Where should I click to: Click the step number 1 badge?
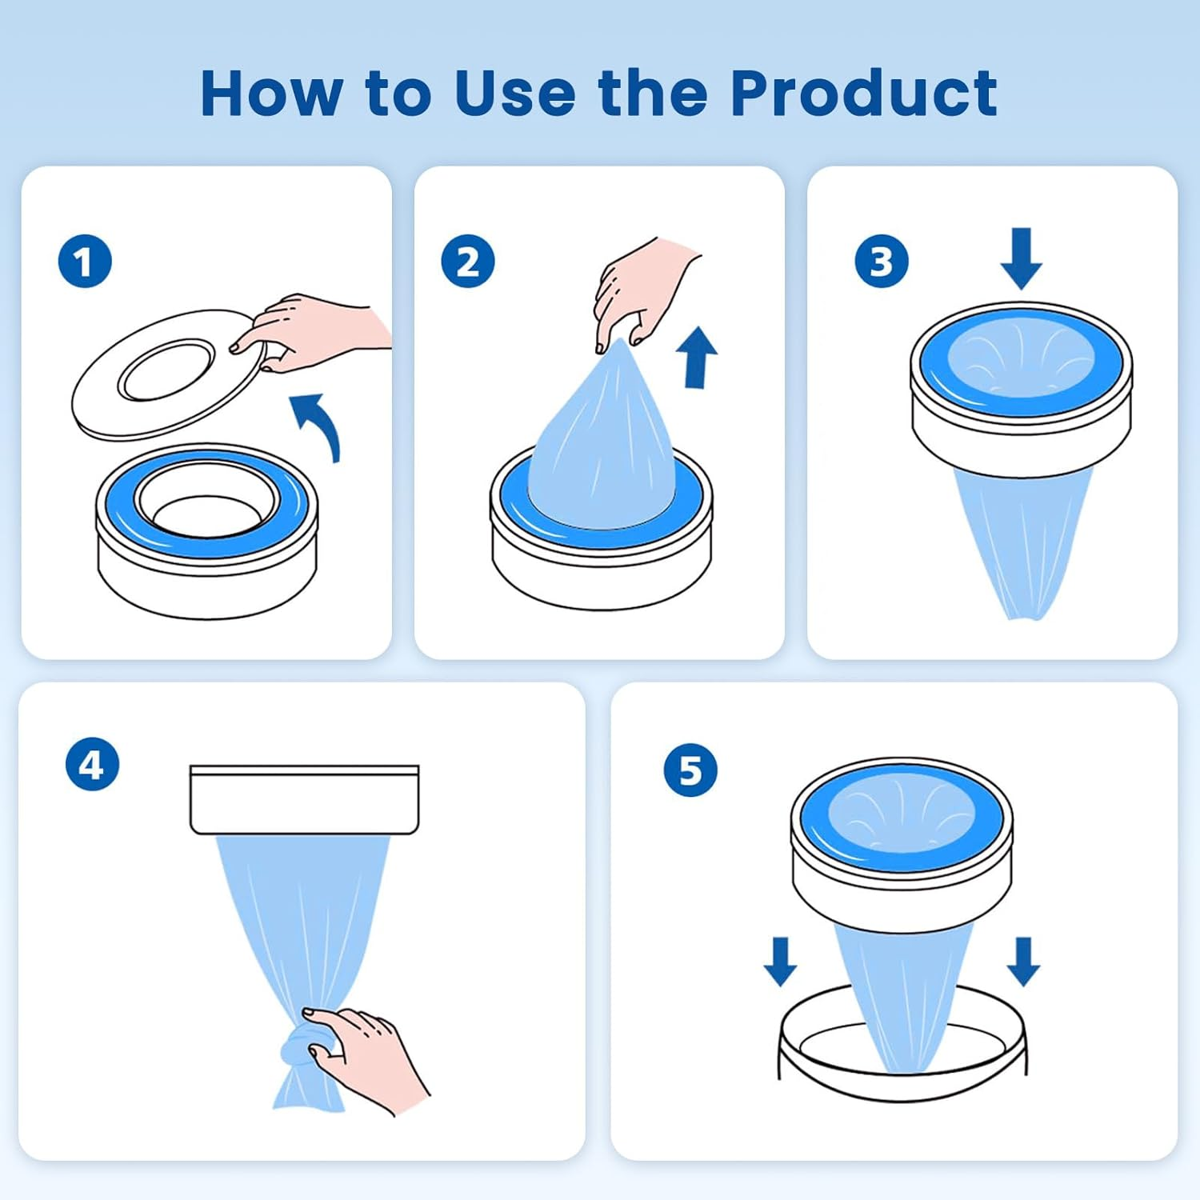pos(85,262)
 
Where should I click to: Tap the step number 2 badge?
pos(468,262)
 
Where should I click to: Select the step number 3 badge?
pos(882,262)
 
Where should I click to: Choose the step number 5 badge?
pos(690,770)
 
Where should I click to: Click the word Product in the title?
pos(864,93)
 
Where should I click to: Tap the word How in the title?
pos(272,94)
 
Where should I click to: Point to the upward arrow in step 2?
pos(697,357)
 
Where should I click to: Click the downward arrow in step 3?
pos(1021,258)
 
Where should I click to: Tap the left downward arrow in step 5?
pos(780,962)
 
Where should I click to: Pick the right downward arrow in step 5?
pos(1023,962)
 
